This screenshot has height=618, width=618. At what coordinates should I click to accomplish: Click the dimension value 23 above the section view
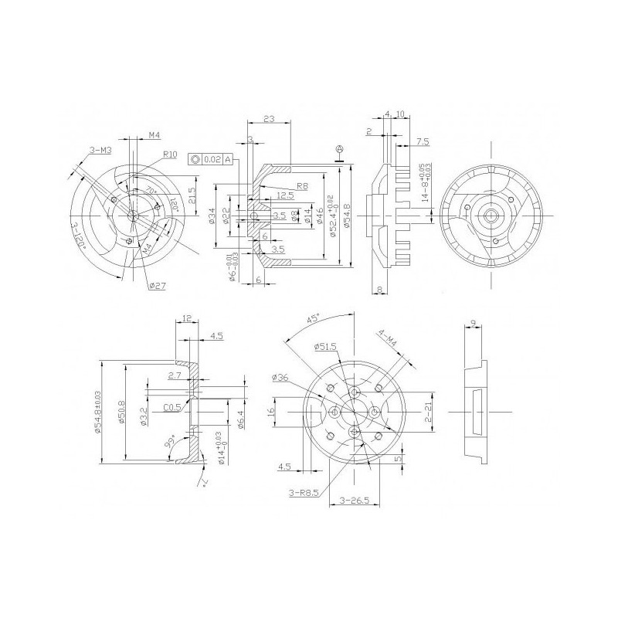268,119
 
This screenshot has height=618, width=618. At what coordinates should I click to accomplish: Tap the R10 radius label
170,154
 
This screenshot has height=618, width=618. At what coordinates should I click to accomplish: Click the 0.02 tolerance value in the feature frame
213,159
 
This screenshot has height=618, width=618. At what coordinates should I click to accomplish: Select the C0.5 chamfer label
172,407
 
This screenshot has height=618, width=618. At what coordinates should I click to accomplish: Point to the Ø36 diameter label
280,378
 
